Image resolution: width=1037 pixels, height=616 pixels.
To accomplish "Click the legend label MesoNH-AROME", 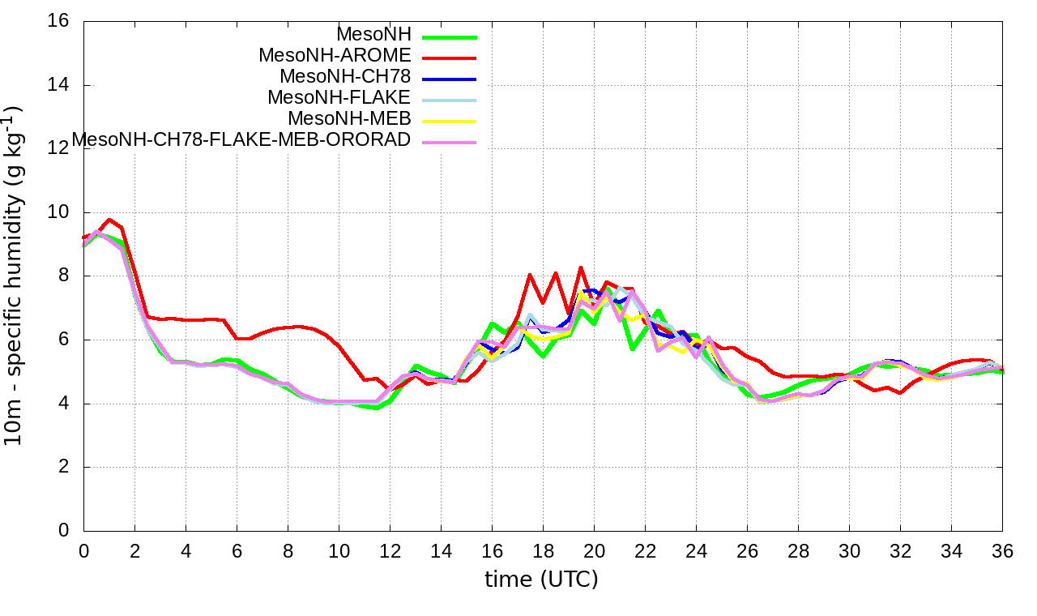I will pos(335,56).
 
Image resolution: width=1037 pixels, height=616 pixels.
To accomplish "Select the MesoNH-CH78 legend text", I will pos(345,77).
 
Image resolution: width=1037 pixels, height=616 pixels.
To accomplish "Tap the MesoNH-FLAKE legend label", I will pos(339,98).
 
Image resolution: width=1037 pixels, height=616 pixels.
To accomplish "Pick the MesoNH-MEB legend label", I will pos(356,119).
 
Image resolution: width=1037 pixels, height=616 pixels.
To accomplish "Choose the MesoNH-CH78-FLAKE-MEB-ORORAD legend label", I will pos(241,140).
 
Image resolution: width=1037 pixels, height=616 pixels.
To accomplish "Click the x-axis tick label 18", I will pos(543,551).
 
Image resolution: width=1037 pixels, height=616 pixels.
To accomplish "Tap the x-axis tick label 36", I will pos(1002,551).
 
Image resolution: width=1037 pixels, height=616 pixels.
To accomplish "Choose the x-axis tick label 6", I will pos(237,551).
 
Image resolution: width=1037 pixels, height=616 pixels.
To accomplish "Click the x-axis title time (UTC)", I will pos(541,580).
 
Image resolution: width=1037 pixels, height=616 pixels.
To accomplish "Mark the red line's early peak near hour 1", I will pos(109,219).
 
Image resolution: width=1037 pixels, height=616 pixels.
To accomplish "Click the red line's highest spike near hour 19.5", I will pos(581,267).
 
